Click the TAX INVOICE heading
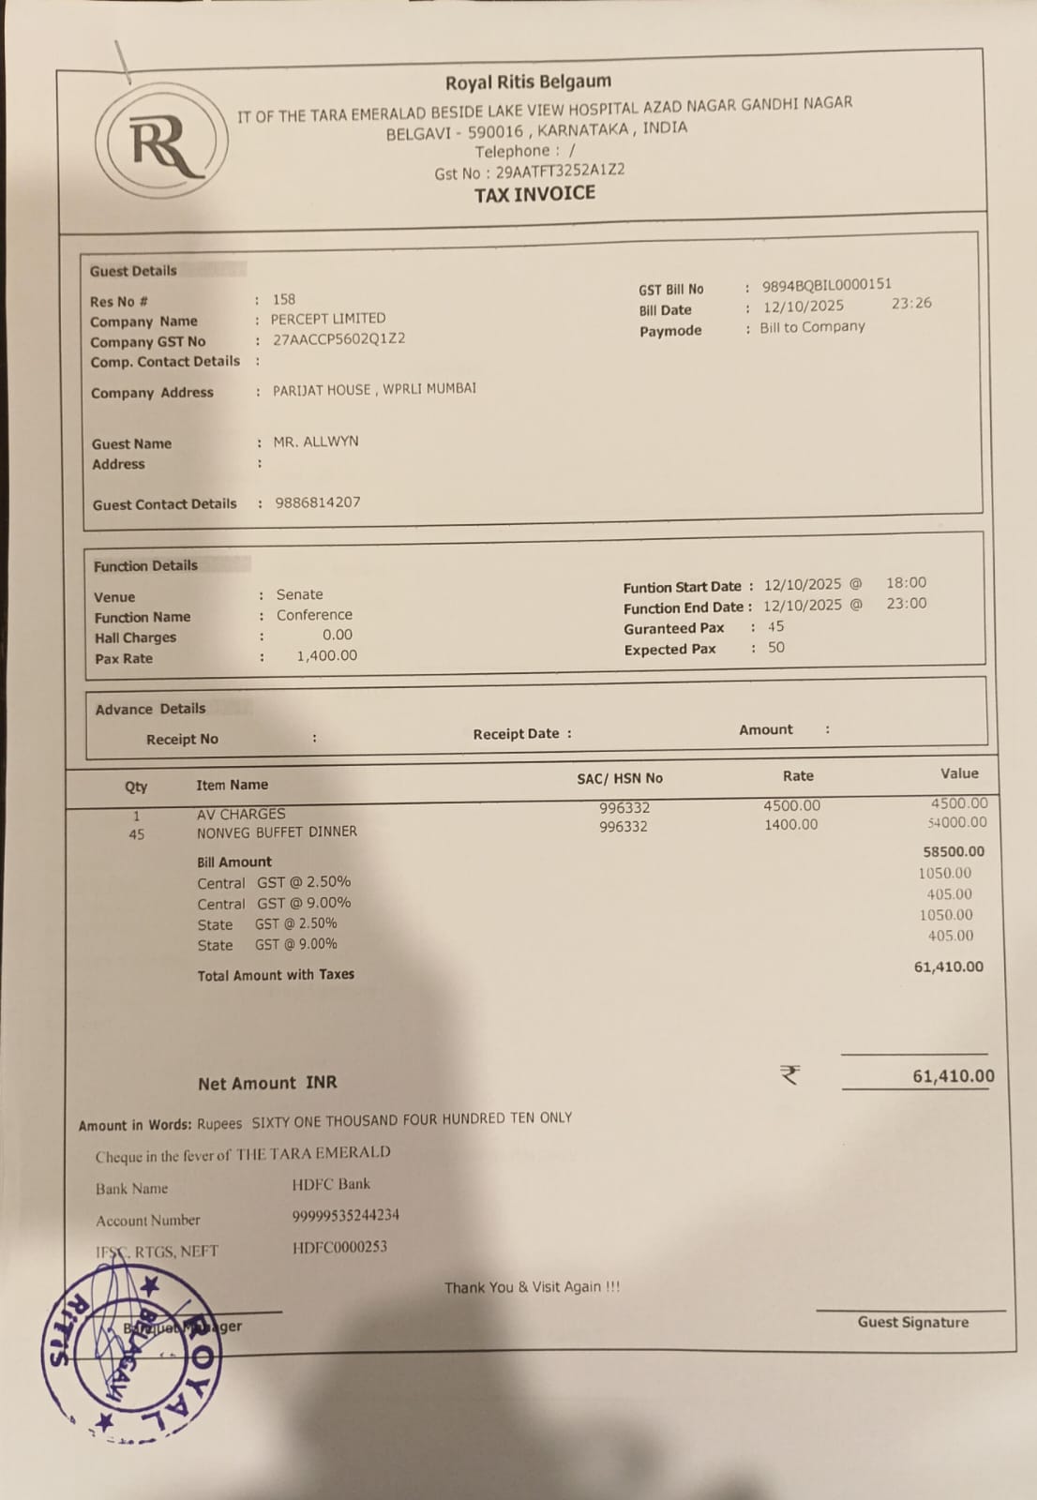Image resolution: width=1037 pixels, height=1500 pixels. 534,194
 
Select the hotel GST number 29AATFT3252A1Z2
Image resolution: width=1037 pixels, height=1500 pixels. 560,171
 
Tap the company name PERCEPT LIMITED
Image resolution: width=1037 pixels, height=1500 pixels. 328,319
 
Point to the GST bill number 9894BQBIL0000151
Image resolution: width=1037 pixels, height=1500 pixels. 826,284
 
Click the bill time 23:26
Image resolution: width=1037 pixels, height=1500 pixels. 911,303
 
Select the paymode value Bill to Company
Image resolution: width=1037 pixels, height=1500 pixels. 812,327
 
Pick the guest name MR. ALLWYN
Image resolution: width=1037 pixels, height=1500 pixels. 316,442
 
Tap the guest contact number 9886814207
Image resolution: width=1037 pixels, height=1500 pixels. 317,502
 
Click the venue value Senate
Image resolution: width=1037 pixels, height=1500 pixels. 299,594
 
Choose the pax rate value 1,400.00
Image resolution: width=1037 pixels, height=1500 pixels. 326,655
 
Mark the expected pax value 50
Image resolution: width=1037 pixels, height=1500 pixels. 776,648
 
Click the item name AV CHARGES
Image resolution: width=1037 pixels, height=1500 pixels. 241,814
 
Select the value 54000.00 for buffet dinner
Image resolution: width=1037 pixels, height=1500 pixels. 956,822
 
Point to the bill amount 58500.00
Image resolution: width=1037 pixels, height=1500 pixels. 954,851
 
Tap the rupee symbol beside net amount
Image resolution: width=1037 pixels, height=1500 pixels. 789,1074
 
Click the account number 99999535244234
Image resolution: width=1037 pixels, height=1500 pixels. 345,1215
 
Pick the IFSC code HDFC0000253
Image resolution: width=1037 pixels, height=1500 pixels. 339,1247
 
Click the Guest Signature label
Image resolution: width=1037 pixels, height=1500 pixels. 912,1322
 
